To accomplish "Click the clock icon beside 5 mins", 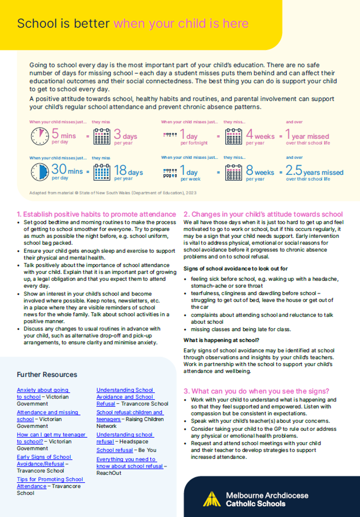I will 39,136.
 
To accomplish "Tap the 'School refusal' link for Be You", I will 115,450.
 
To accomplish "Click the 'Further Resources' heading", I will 47,374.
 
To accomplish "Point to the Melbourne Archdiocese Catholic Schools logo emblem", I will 212,499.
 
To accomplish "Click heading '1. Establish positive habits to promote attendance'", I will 96,214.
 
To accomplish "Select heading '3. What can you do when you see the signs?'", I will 256,391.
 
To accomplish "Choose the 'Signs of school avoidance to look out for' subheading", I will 235,268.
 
